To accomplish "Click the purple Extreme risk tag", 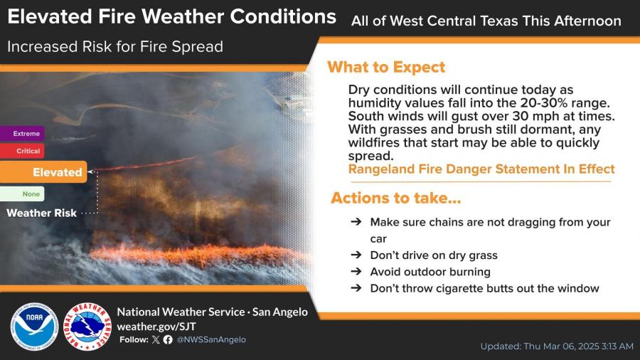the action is pyautogui.click(x=22, y=134).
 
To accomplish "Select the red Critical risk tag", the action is pyautogui.click(x=22, y=151).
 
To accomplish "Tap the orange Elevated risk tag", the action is pyautogui.click(x=43, y=172).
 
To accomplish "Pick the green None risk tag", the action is pyautogui.click(x=22, y=194).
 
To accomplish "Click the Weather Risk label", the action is pyautogui.click(x=42, y=213).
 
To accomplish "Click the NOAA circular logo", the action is pyautogui.click(x=34, y=327).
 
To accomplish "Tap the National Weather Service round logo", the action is pyautogui.click(x=87, y=327).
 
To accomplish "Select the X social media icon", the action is pyautogui.click(x=156, y=339).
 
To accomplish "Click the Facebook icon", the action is pyautogui.click(x=168, y=339).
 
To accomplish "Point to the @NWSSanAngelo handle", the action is pyautogui.click(x=211, y=339).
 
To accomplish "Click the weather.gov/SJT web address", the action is pyautogui.click(x=156, y=327).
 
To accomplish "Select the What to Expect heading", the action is pyautogui.click(x=386, y=68).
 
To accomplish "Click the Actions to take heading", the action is pyautogui.click(x=396, y=198).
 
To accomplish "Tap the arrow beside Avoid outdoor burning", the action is pyautogui.click(x=356, y=272).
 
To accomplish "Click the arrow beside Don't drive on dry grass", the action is pyautogui.click(x=356, y=255).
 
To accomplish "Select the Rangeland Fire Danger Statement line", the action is pyautogui.click(x=481, y=169).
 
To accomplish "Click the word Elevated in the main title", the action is pyautogui.click(x=50, y=17).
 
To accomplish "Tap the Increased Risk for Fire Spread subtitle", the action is pyautogui.click(x=115, y=47).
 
